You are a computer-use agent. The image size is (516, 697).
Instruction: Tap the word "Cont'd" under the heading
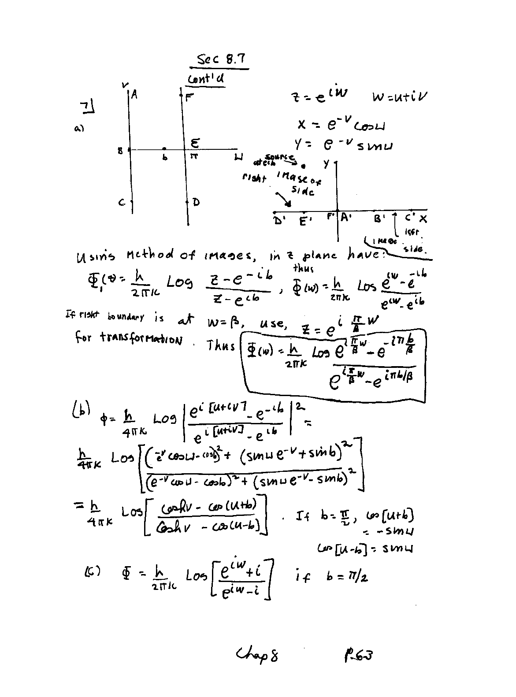[x=206, y=79]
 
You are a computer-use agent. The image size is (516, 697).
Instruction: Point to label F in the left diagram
[x=190, y=97]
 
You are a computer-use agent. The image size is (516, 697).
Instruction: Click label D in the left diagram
[x=196, y=202]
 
